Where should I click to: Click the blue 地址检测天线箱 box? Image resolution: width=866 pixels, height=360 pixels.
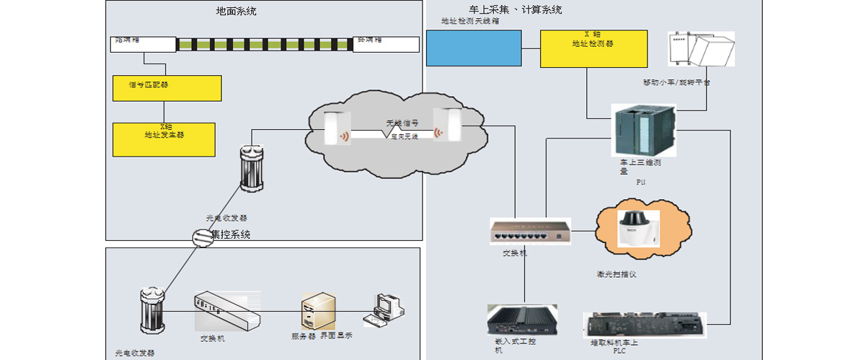click(x=474, y=48)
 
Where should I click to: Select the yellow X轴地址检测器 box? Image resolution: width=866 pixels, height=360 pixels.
click(x=593, y=48)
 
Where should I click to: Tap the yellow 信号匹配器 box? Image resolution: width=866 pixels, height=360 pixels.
click(x=167, y=87)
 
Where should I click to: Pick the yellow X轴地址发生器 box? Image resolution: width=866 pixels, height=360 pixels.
click(x=164, y=139)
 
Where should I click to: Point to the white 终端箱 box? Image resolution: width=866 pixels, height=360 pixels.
click(x=386, y=44)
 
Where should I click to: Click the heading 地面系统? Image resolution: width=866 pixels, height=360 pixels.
click(x=236, y=11)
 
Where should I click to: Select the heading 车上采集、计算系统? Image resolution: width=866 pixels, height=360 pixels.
click(x=515, y=10)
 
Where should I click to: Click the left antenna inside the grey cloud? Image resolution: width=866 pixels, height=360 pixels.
click(x=337, y=128)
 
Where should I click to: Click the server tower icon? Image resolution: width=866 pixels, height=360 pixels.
click(x=318, y=311)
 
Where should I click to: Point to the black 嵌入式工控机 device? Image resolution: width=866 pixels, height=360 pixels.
click(x=522, y=318)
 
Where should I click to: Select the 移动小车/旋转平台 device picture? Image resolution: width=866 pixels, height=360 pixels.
click(x=701, y=51)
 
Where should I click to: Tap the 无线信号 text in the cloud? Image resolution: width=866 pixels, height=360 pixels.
click(x=402, y=123)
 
